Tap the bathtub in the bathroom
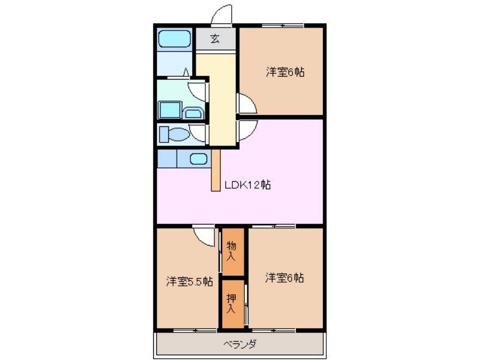(174, 40)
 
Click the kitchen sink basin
(199, 159)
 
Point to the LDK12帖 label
(248, 185)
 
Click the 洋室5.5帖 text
(189, 282)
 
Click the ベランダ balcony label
(241, 344)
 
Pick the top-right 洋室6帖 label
(286, 72)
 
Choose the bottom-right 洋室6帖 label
(285, 278)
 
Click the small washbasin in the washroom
(192, 113)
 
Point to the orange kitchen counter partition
(216, 170)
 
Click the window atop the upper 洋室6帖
(282, 25)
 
